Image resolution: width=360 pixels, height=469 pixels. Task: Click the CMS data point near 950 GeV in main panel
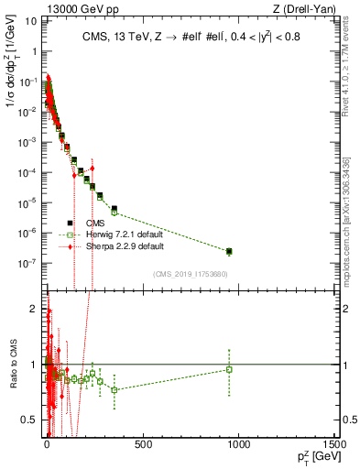pos(229,251)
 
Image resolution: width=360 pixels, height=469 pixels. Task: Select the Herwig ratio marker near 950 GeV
pos(229,369)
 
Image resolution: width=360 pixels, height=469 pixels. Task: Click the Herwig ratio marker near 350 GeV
pos(114,390)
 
